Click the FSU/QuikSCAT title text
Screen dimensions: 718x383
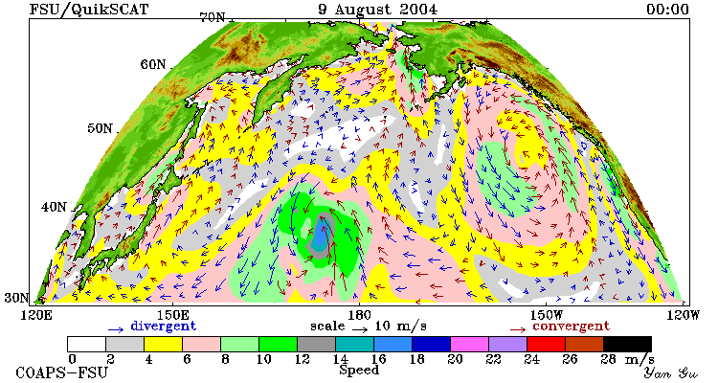(x=89, y=10)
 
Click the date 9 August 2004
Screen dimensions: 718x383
(x=378, y=10)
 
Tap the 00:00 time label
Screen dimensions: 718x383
(x=667, y=10)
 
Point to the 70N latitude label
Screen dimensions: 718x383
(x=213, y=17)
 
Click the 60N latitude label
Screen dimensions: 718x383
(x=153, y=64)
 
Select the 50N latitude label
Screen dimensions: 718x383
(x=100, y=127)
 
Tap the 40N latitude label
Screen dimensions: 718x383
(x=54, y=207)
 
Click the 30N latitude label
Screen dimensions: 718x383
(x=16, y=298)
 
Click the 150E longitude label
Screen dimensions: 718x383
(x=172, y=315)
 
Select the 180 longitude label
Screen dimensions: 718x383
(x=359, y=315)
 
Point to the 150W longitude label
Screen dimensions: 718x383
(x=545, y=315)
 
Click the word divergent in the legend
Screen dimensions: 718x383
(x=164, y=327)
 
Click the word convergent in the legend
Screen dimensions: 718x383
(x=571, y=327)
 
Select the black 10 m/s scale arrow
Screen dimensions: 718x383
(x=360, y=329)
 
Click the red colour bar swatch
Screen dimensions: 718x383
(x=546, y=344)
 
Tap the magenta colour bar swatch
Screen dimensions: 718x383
(x=469, y=344)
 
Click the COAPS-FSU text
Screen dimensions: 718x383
(x=62, y=372)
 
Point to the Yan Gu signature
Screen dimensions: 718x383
(x=670, y=372)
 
